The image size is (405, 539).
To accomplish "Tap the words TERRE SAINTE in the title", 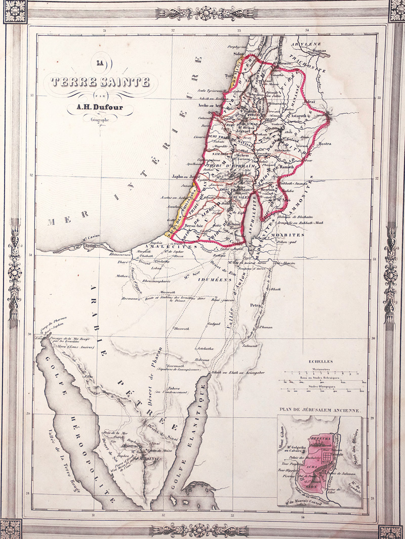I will [x=100, y=81].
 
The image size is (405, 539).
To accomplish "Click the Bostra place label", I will [x=325, y=144].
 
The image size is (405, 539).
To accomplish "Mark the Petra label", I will [x=256, y=305].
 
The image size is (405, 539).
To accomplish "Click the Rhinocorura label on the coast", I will [x=120, y=254].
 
